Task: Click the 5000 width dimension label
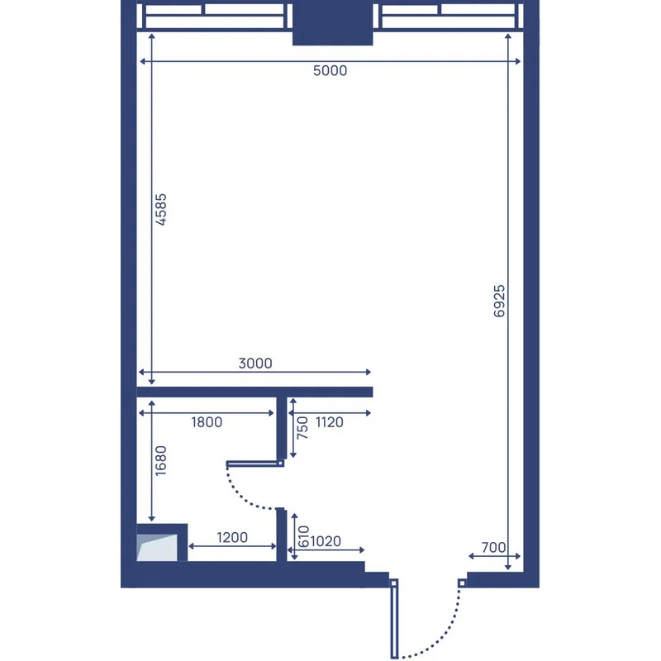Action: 330,70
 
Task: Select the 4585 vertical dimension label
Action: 161,210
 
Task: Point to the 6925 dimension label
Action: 499,301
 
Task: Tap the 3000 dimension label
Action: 255,363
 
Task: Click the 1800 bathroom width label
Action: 207,422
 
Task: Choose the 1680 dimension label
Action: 161,461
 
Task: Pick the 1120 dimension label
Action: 329,422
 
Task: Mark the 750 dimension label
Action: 302,428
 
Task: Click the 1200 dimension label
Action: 232,537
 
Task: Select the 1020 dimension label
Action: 326,541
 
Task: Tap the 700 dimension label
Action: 493,547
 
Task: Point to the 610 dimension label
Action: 303,536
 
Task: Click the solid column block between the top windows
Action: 333,23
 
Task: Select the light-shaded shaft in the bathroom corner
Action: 157,548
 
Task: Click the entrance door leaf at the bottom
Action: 394,618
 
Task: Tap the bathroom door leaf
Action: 255,464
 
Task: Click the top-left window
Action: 214,17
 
